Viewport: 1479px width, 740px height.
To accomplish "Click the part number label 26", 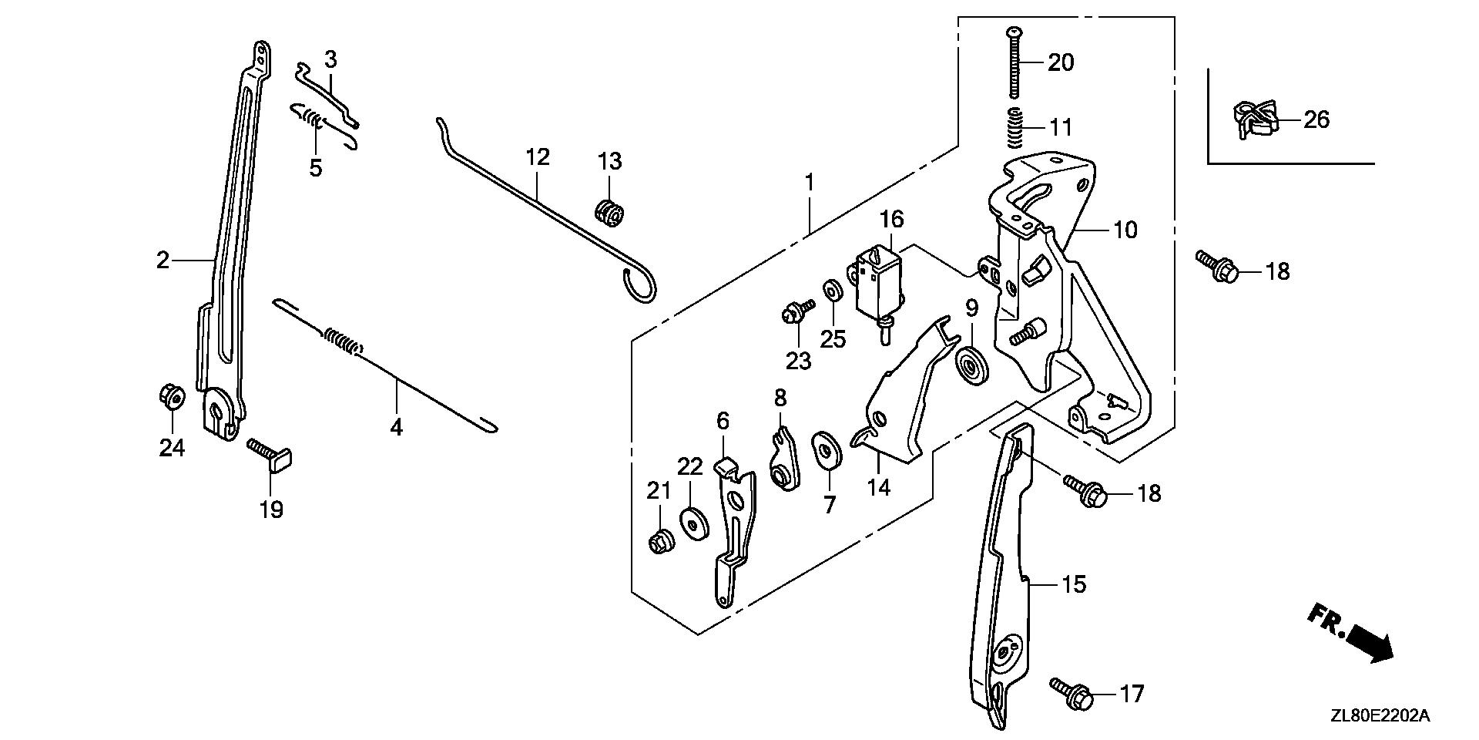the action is pos(1316,120).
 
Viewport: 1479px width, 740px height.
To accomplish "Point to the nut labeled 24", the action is pos(171,396).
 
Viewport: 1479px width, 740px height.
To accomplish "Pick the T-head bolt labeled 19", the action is pos(269,454).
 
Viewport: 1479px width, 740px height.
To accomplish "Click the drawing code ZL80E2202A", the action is pos(1380,716).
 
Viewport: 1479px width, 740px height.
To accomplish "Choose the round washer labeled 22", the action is pos(691,523).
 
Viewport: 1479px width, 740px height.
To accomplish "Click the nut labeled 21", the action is pos(660,542).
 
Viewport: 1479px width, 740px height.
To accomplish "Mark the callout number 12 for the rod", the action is pos(538,157).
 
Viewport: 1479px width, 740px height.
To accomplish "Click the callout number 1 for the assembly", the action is pos(810,183).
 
